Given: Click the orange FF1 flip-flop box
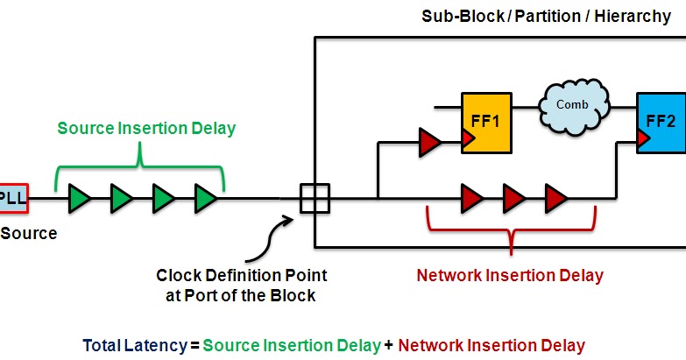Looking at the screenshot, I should pyautogui.click(x=486, y=122).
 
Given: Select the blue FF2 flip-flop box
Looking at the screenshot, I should pyautogui.click(x=661, y=122).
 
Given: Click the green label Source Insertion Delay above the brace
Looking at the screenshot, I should pyautogui.click(x=146, y=129).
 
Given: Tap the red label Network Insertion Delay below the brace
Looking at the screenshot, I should pyautogui.click(x=510, y=275).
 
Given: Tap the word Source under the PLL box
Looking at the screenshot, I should pyautogui.click(x=28, y=233).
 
